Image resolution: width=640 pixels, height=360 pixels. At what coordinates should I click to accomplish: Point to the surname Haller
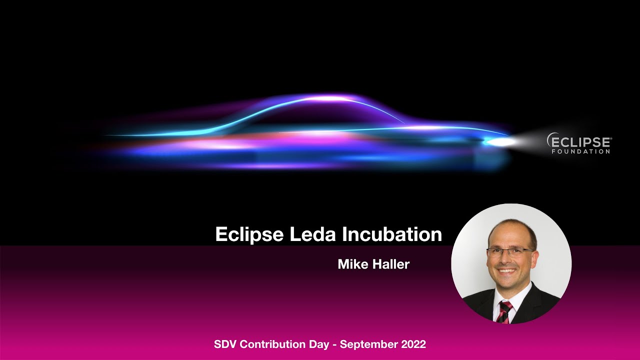tap(391, 264)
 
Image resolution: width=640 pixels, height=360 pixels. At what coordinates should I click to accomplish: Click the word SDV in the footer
tap(225, 344)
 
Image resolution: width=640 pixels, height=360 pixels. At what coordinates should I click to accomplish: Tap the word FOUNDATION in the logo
tap(581, 151)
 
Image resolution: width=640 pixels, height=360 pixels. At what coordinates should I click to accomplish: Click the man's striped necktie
tap(504, 312)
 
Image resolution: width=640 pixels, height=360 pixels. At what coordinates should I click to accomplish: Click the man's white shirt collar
tap(515, 298)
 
